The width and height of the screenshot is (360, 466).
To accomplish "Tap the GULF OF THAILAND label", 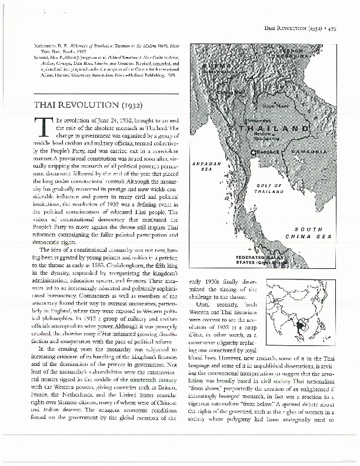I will coord(268,188).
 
